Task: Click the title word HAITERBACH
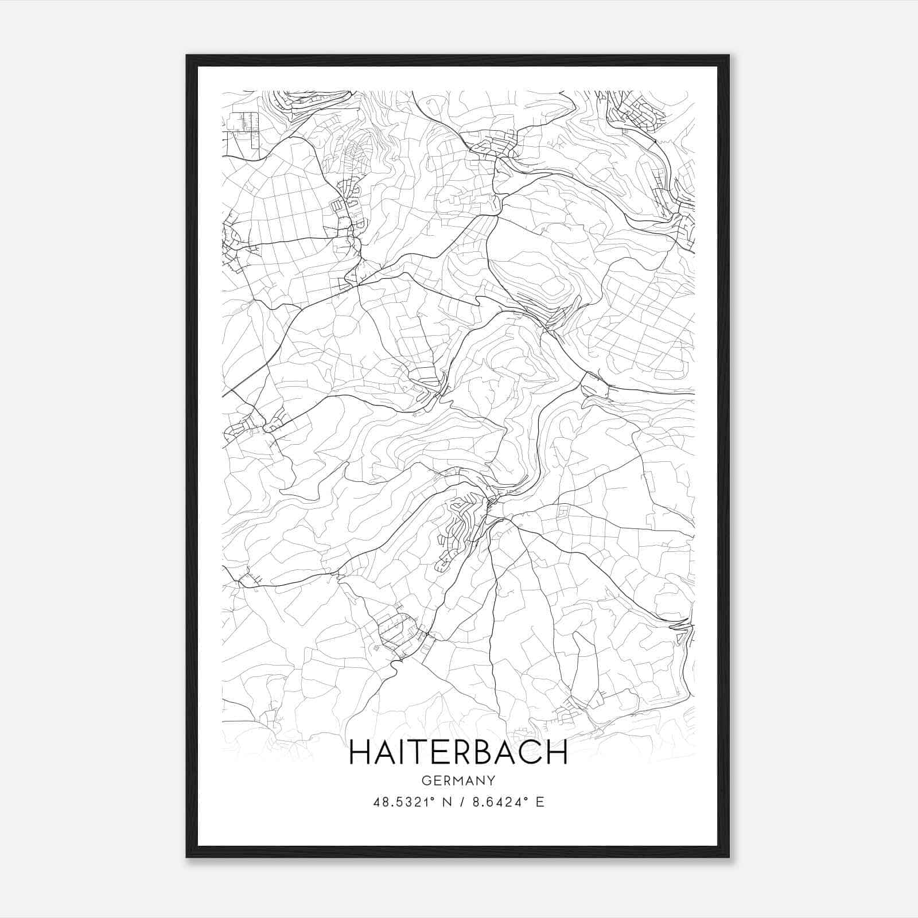pos(458,752)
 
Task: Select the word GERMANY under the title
pos(458,781)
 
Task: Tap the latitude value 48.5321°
pos(407,802)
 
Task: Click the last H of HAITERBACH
pos(557,752)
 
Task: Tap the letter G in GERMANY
pos(425,781)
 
